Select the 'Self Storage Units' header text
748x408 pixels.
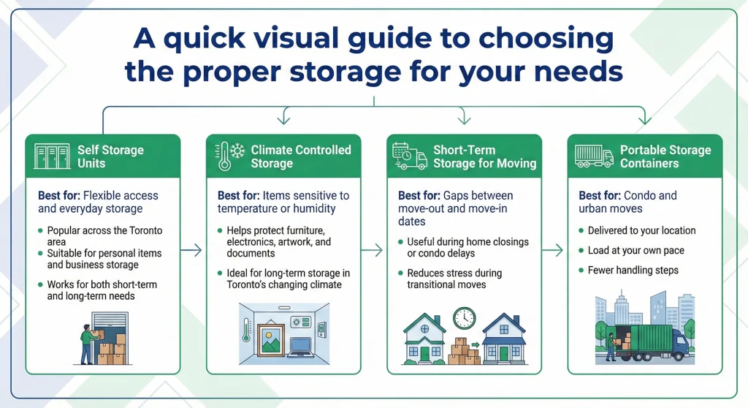coord(110,156)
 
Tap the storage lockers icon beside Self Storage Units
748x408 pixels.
coord(53,156)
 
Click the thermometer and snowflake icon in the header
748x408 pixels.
coord(229,156)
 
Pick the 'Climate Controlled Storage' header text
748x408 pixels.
coord(300,156)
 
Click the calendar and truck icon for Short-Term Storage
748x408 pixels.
coord(410,156)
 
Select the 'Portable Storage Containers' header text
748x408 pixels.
coord(665,156)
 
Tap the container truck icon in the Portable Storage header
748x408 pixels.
coord(592,156)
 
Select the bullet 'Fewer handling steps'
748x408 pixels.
coord(633,270)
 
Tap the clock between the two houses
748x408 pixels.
coord(464,318)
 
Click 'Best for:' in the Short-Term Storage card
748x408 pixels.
coord(418,196)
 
